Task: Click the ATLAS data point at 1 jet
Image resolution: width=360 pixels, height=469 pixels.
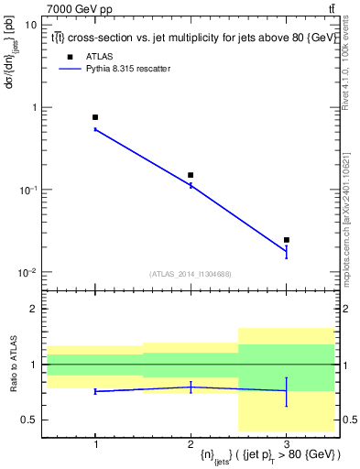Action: [x=95, y=117]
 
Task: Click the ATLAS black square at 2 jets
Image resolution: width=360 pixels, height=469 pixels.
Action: [x=191, y=175]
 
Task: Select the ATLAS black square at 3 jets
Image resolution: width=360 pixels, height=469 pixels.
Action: [x=287, y=240]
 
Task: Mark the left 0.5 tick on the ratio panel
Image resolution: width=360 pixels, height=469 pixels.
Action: [x=32, y=420]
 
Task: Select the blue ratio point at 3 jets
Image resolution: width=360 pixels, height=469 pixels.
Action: [x=287, y=390]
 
